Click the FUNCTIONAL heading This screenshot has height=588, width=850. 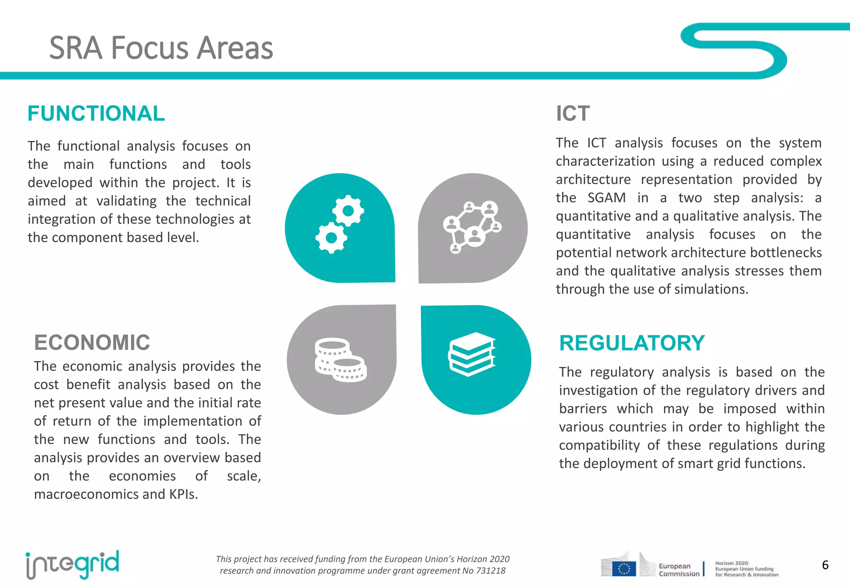point(96,114)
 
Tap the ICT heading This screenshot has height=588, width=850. point(572,114)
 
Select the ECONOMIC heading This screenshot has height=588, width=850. point(92,343)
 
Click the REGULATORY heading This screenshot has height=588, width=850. point(632,343)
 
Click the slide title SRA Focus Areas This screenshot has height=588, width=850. point(161,48)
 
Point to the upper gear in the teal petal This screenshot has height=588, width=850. point(348,211)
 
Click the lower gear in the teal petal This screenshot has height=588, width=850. point(331,238)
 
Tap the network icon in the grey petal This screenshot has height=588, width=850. point(472,227)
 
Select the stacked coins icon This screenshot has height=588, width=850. point(340,360)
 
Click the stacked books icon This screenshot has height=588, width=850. point(472,354)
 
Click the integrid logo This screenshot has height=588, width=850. point(72,565)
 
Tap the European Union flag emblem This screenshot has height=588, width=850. point(624,569)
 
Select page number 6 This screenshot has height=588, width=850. point(825,565)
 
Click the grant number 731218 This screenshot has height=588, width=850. point(491,571)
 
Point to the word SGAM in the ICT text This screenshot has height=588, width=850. point(606,198)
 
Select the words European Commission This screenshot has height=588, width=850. point(679,570)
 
